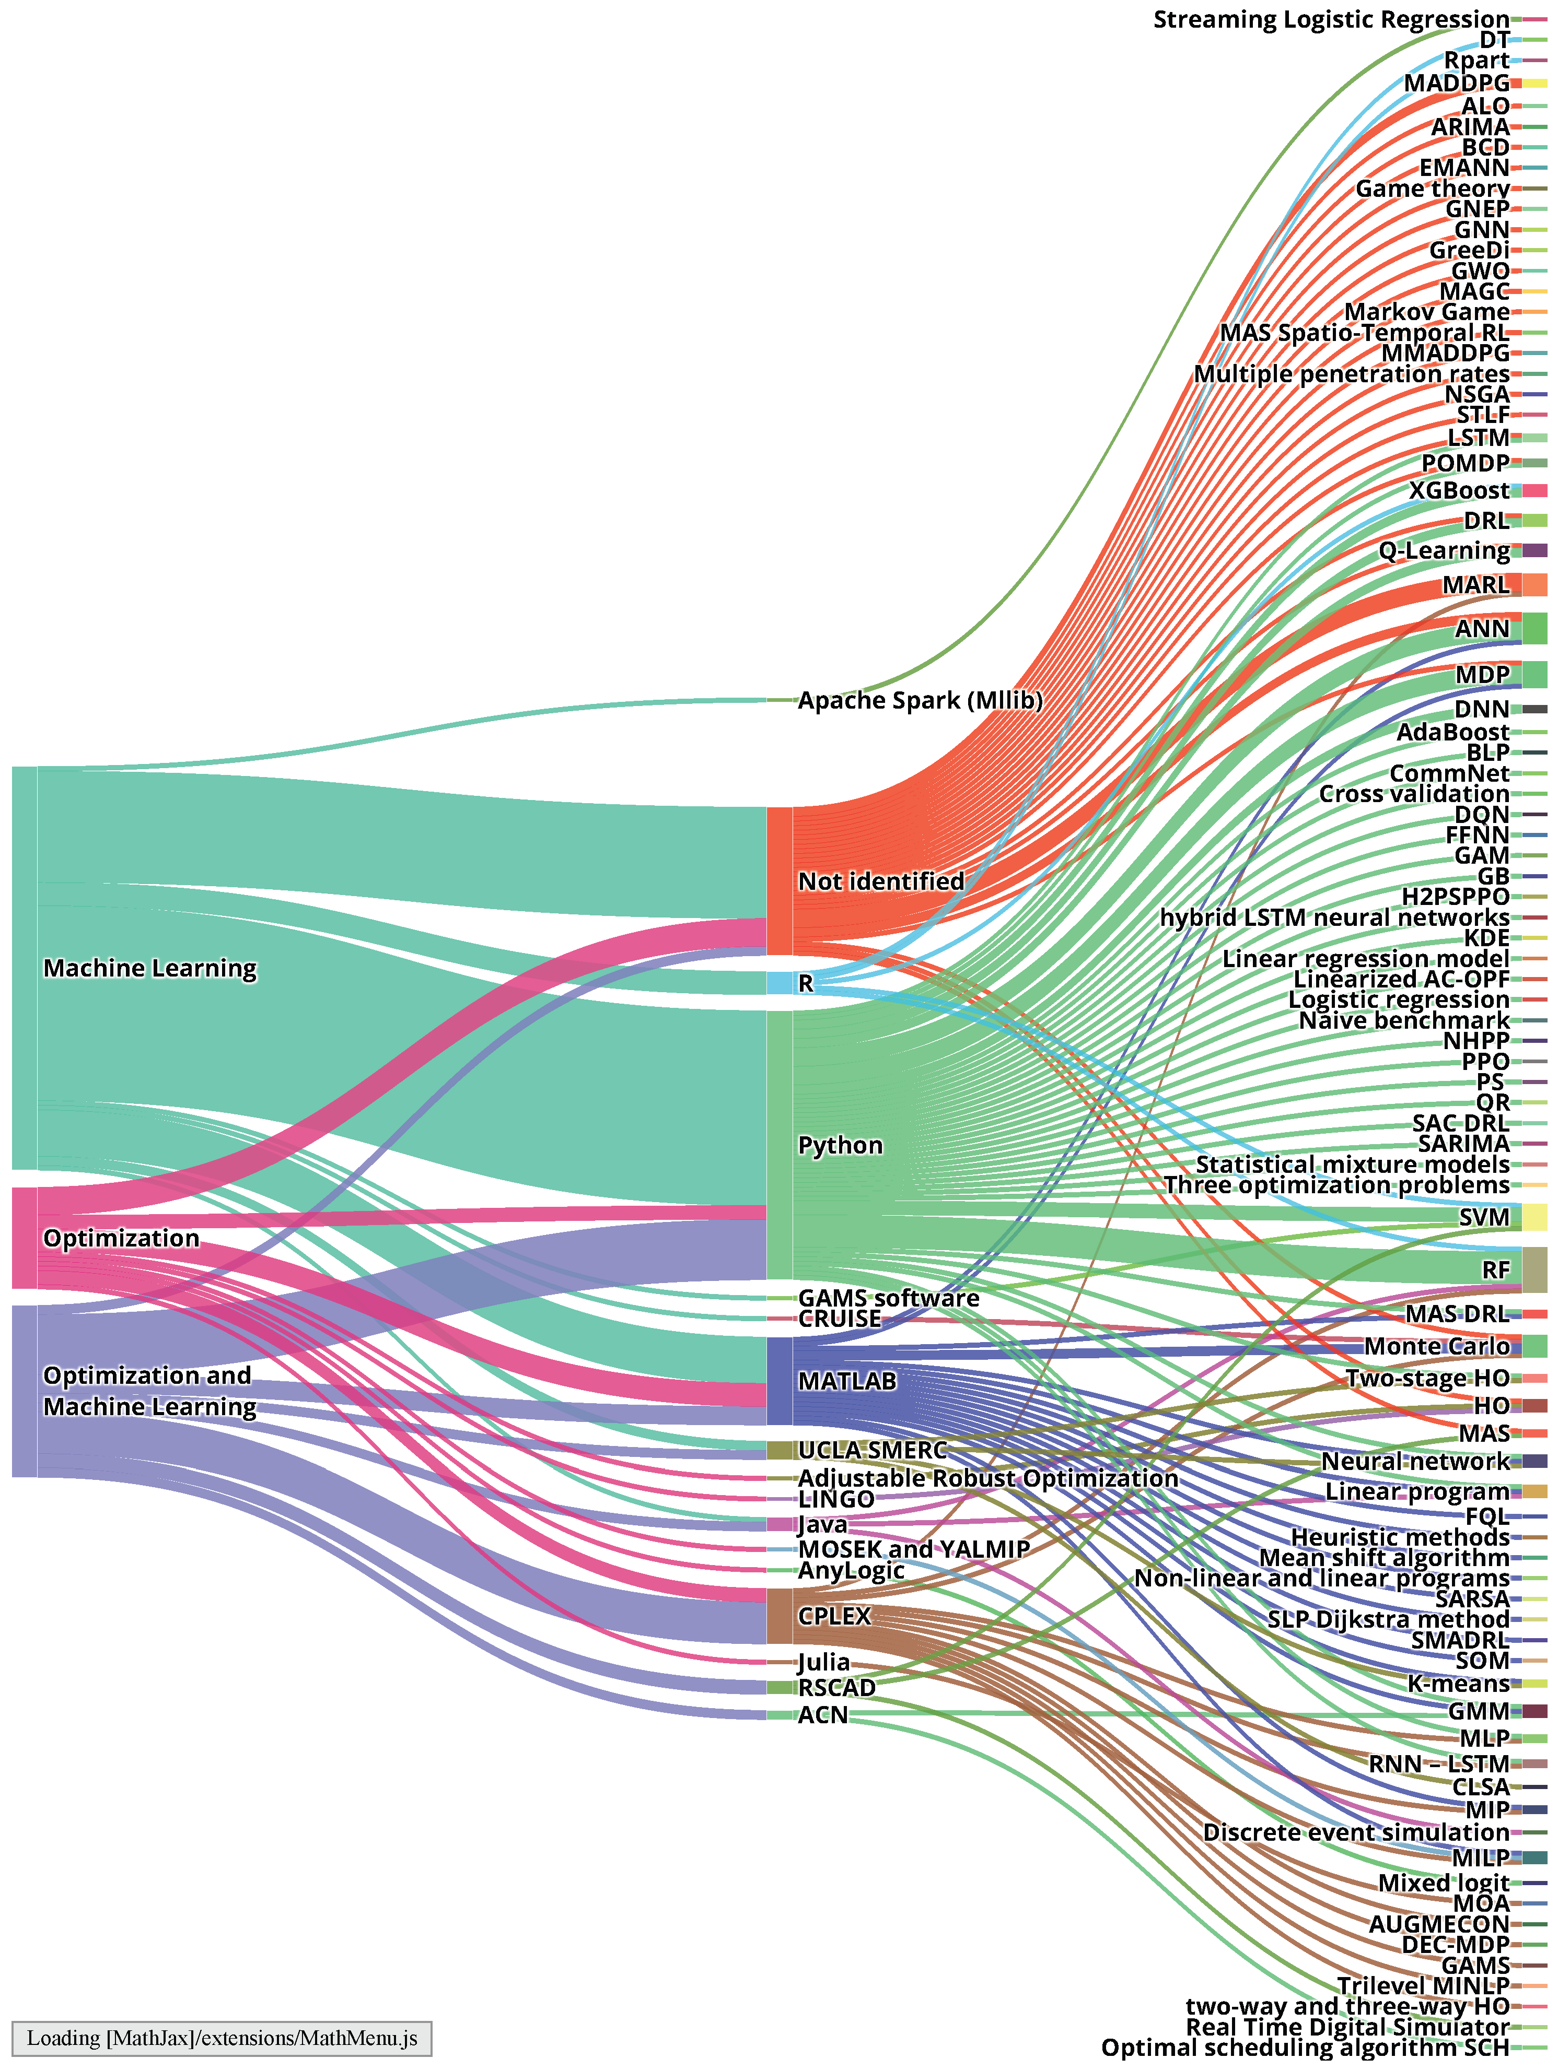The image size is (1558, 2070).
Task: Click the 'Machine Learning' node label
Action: [x=150, y=969]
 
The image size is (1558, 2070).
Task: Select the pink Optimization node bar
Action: [x=25, y=1238]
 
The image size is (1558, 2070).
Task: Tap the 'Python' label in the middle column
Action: [x=840, y=1145]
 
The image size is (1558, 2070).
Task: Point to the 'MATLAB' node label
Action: [x=846, y=1381]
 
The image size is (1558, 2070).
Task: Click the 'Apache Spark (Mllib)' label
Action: [x=920, y=700]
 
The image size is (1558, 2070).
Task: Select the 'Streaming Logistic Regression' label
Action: [x=1331, y=20]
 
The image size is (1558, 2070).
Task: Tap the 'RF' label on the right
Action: [x=1495, y=1270]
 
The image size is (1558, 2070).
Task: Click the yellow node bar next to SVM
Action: [x=1533, y=1217]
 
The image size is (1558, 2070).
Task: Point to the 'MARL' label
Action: [x=1475, y=585]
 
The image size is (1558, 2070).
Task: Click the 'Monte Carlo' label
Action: [x=1436, y=1347]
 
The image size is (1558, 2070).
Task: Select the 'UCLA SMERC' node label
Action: [x=871, y=1451]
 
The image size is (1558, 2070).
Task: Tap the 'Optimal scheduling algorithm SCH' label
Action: [x=1305, y=2048]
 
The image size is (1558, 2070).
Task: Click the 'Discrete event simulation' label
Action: [x=1356, y=1832]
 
